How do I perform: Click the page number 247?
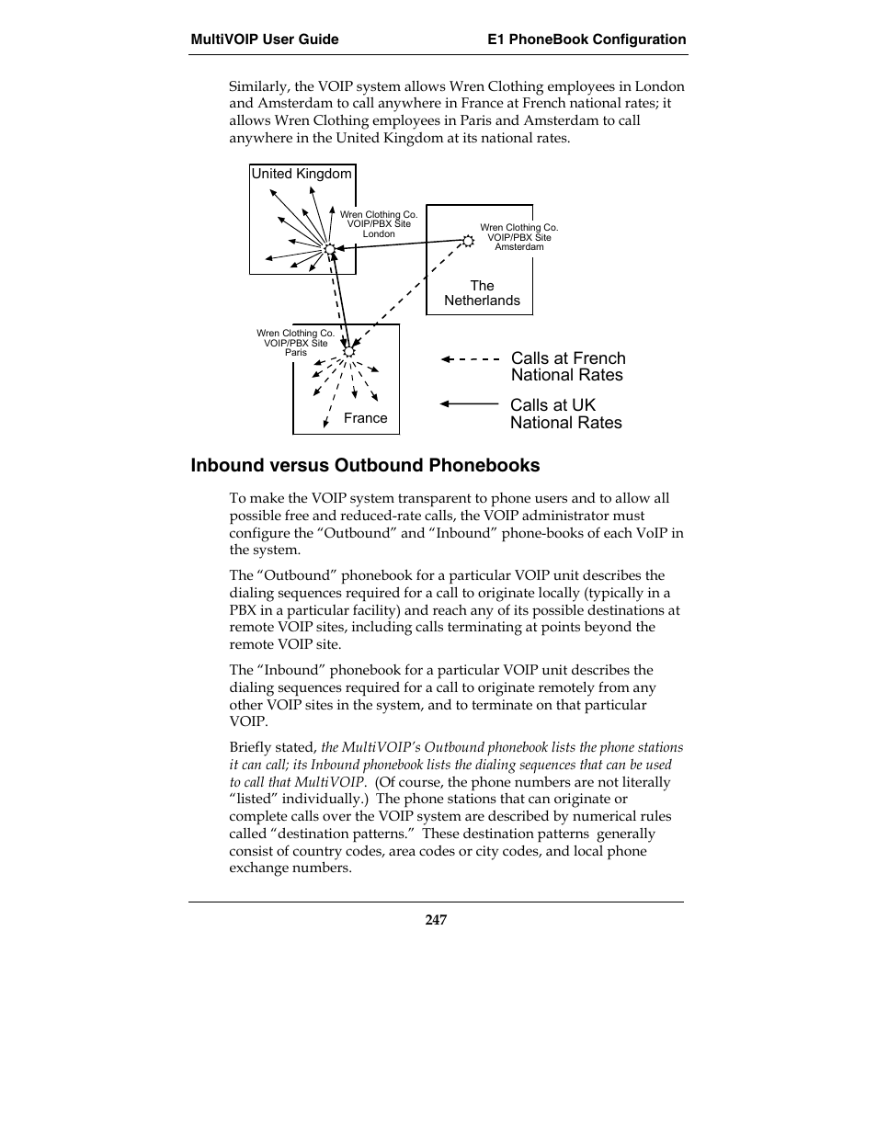(436, 920)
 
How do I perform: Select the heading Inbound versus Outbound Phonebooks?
(365, 465)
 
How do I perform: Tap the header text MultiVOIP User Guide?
(265, 40)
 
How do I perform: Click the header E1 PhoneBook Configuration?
(587, 40)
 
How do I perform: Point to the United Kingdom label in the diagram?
(302, 174)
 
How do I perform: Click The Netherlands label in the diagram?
(482, 293)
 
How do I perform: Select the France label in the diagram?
(365, 418)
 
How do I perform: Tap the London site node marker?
(329, 248)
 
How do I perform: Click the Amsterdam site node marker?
(468, 241)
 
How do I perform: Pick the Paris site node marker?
(348, 351)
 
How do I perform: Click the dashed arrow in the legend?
(470, 359)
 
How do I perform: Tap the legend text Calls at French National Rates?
(567, 367)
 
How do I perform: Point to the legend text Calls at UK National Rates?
(565, 414)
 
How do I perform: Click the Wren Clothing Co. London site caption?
(379, 224)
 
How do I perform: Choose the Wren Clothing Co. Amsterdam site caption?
(518, 237)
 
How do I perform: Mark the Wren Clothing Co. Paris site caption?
(295, 343)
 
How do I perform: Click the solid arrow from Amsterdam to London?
(400, 244)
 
